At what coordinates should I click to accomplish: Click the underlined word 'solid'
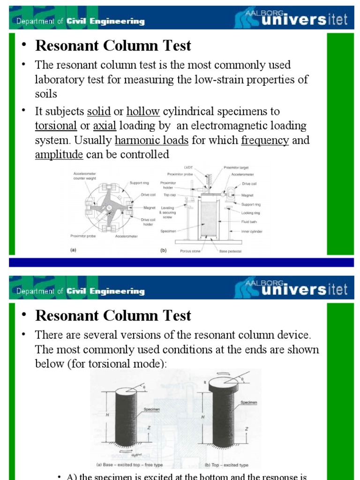tap(98, 112)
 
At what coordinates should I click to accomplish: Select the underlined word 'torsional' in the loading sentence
tap(56, 126)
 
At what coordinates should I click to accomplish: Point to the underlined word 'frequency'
tap(265, 141)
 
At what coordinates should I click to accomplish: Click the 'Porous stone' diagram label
tap(192, 251)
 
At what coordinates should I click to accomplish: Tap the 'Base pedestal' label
tap(230, 251)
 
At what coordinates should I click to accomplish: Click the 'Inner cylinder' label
tap(252, 231)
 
